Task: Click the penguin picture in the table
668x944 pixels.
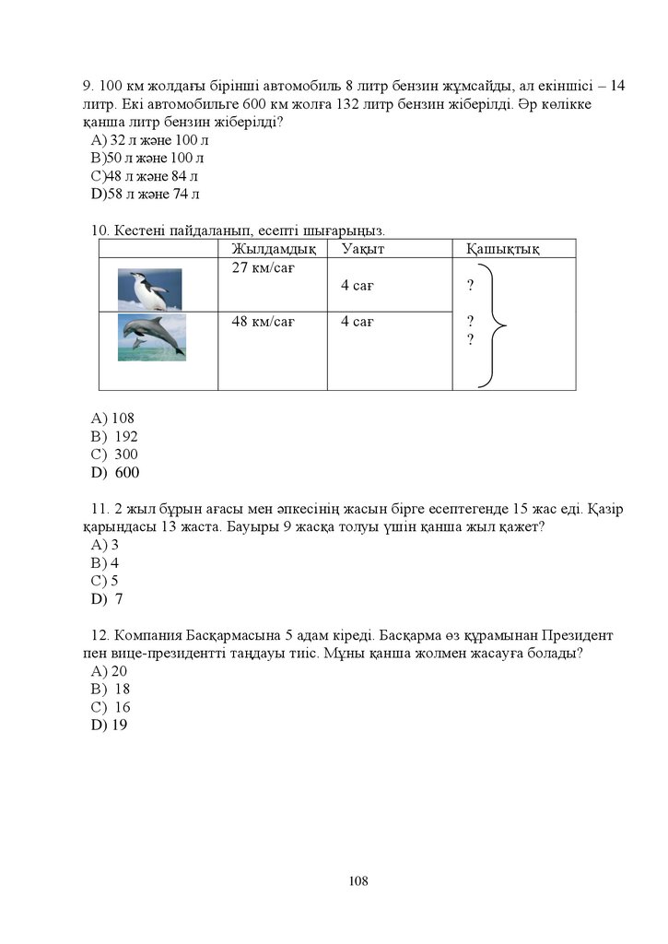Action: tap(149, 289)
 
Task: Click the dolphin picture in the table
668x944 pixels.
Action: tap(152, 336)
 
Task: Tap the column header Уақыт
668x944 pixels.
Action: tap(362, 249)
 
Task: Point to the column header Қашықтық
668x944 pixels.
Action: tap(503, 249)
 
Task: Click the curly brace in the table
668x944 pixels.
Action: tap(495, 324)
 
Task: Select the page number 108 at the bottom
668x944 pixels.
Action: tap(358, 880)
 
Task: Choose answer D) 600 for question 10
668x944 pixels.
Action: tap(115, 472)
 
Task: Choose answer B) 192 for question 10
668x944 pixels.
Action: tap(114, 436)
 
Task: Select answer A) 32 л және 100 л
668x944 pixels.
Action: tap(150, 140)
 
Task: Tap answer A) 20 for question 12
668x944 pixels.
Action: tap(110, 671)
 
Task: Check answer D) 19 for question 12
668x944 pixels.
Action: tap(110, 725)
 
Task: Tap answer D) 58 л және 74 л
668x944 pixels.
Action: tap(146, 194)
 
